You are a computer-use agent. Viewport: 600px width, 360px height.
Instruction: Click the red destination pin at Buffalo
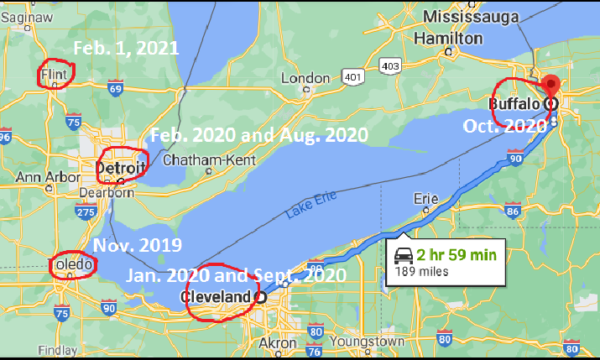(550, 86)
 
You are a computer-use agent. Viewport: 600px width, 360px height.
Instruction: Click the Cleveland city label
(217, 297)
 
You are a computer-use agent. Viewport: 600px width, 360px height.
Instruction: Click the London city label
(305, 78)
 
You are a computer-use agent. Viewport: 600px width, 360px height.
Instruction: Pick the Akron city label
(277, 343)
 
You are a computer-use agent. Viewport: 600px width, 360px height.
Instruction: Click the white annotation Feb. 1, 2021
(126, 49)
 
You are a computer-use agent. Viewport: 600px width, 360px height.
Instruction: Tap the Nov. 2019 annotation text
(137, 246)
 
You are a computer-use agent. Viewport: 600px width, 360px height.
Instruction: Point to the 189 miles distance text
(423, 271)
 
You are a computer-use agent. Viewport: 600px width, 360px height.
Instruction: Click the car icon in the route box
(403, 255)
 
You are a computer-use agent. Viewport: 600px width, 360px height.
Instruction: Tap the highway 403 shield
(390, 65)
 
